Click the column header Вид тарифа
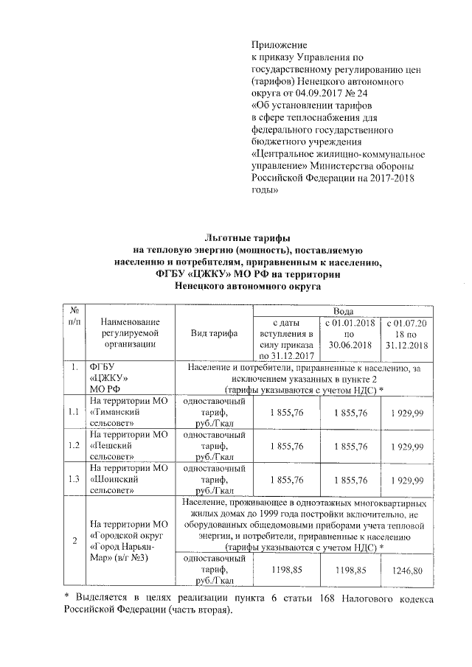[214, 334]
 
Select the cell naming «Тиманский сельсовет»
[130, 413]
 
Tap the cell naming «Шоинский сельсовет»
[130, 479]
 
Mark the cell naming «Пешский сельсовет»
[130, 447]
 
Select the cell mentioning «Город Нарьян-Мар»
[130, 541]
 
